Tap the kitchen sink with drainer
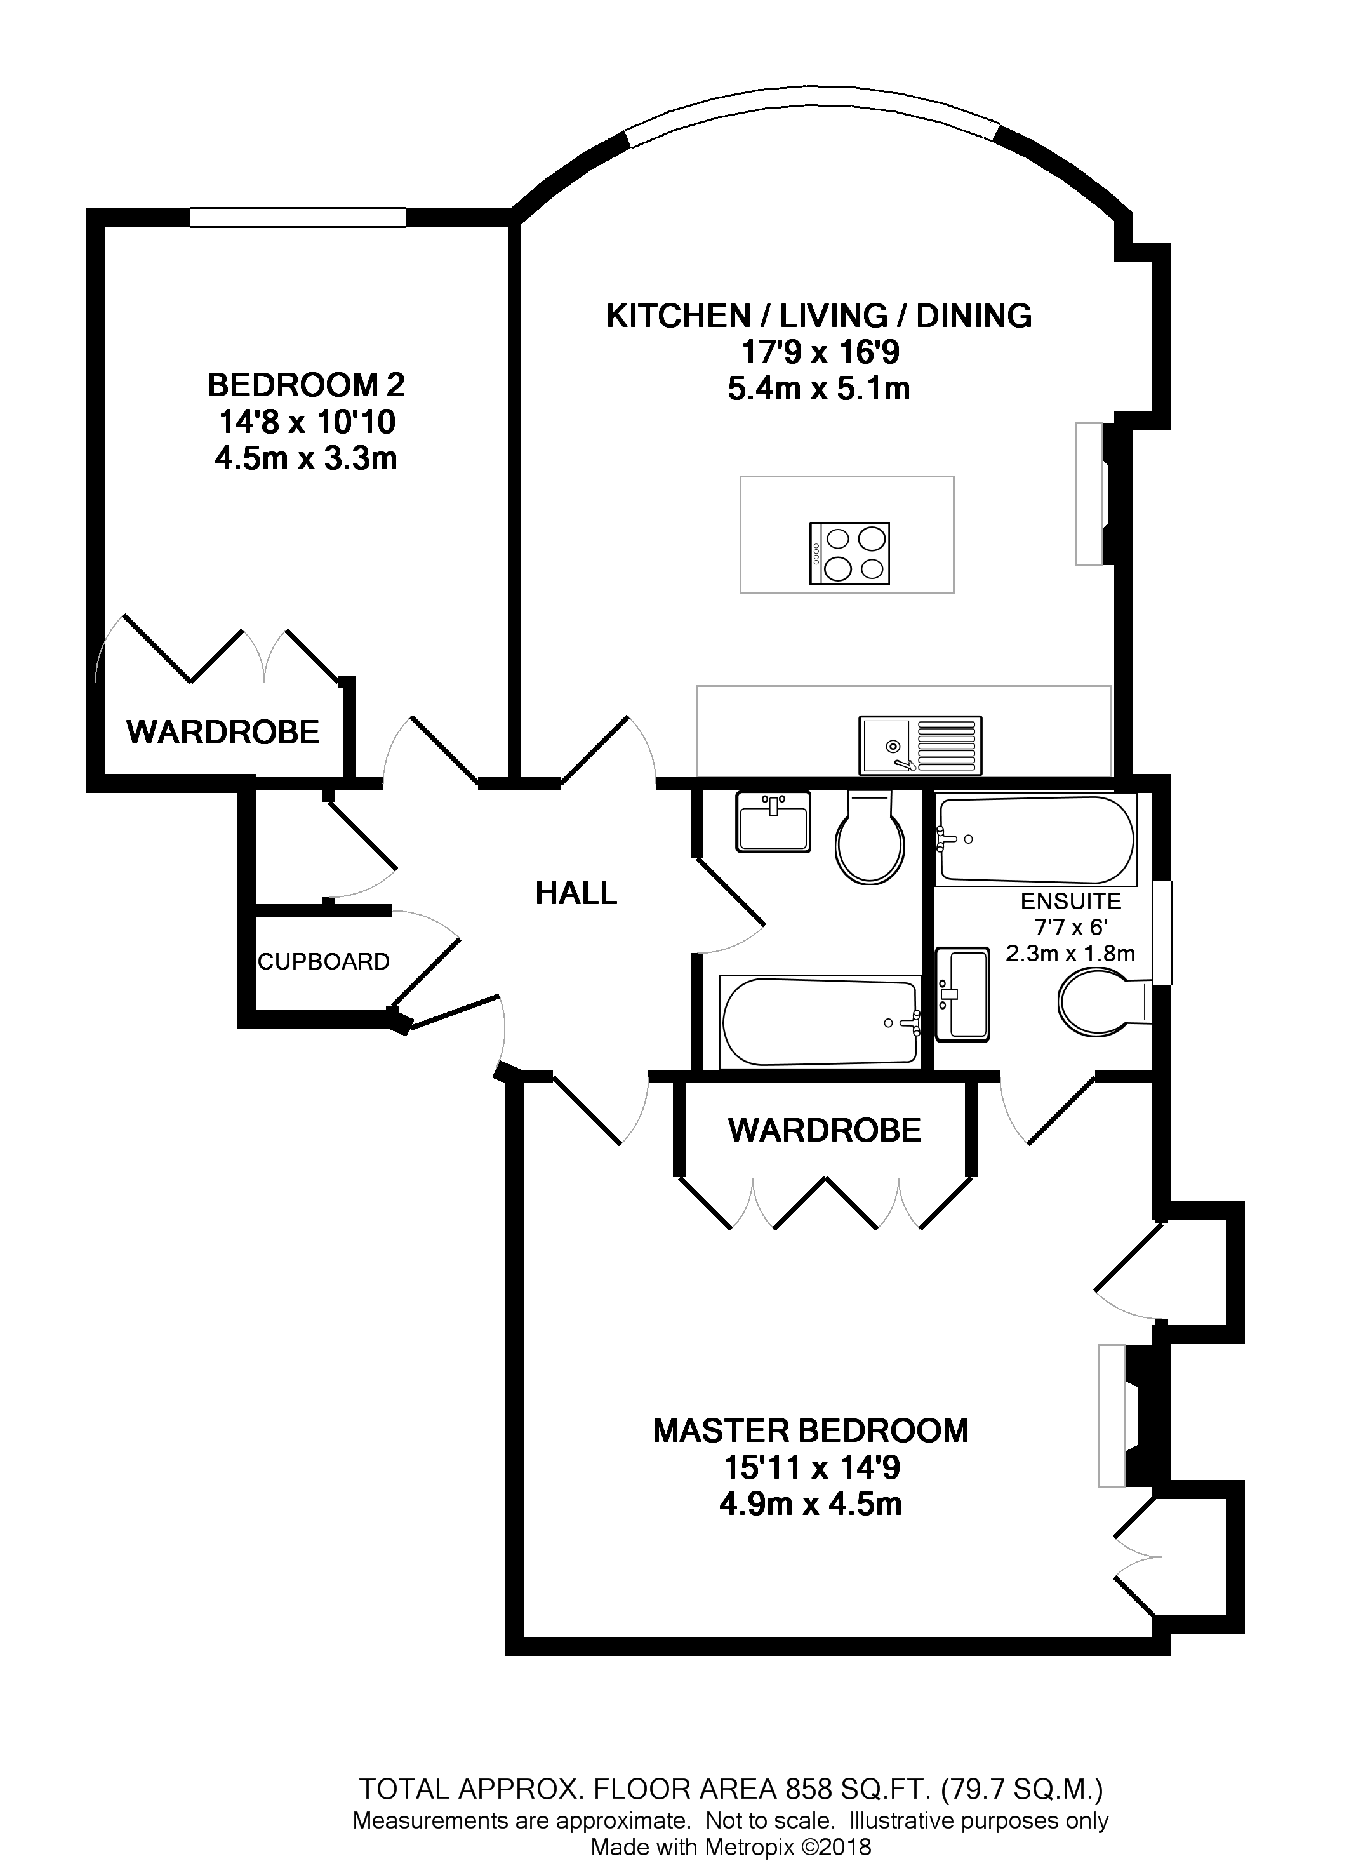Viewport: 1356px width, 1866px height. point(920,745)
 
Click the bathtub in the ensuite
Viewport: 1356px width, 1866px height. point(1035,839)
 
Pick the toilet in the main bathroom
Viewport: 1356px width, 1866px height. point(870,839)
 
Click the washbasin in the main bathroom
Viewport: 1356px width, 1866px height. point(773,821)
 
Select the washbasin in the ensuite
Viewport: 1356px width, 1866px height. point(962,994)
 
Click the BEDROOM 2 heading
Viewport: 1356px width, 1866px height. point(306,385)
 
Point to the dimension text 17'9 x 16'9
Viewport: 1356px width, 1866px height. point(820,352)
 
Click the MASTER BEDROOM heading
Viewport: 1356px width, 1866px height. point(811,1430)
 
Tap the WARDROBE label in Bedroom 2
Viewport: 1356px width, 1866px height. point(223,731)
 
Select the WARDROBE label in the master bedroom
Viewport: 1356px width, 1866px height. point(825,1131)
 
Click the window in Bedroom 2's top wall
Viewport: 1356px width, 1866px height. point(298,217)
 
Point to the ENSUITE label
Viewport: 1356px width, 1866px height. point(1070,901)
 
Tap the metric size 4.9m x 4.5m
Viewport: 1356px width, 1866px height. point(811,1504)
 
